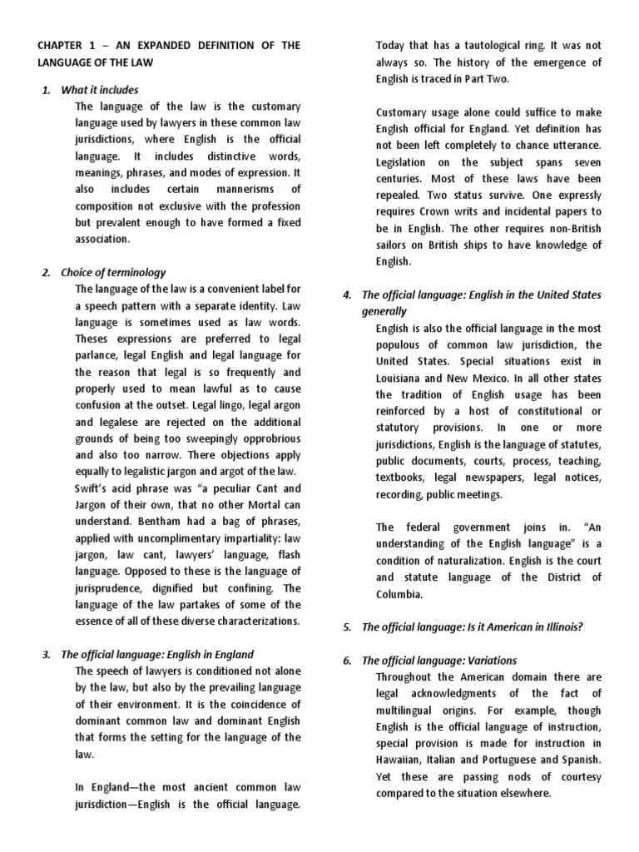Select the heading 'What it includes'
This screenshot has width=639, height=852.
click(x=100, y=89)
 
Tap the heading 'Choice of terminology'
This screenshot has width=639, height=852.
click(x=113, y=272)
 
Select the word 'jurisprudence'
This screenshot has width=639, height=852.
click(x=112, y=588)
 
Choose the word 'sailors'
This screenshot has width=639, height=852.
click(x=394, y=245)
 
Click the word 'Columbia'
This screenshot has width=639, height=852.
click(x=399, y=594)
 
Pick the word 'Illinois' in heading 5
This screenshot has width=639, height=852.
click(x=563, y=627)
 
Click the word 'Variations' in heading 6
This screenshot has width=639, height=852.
click(x=487, y=661)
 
